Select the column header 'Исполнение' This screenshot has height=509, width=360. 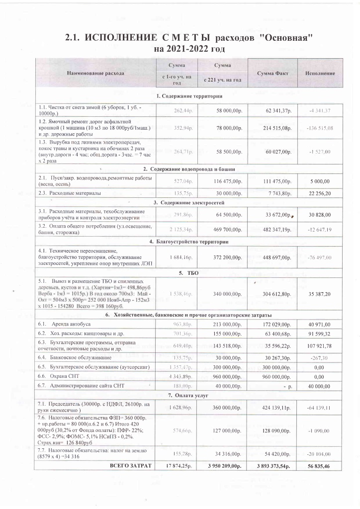pyautogui.click(x=320, y=74)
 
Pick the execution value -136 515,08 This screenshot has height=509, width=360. pyautogui.click(x=320, y=128)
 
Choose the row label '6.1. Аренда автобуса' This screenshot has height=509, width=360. pyautogui.click(x=64, y=324)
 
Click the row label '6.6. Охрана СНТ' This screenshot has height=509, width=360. pyautogui.click(x=62, y=376)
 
